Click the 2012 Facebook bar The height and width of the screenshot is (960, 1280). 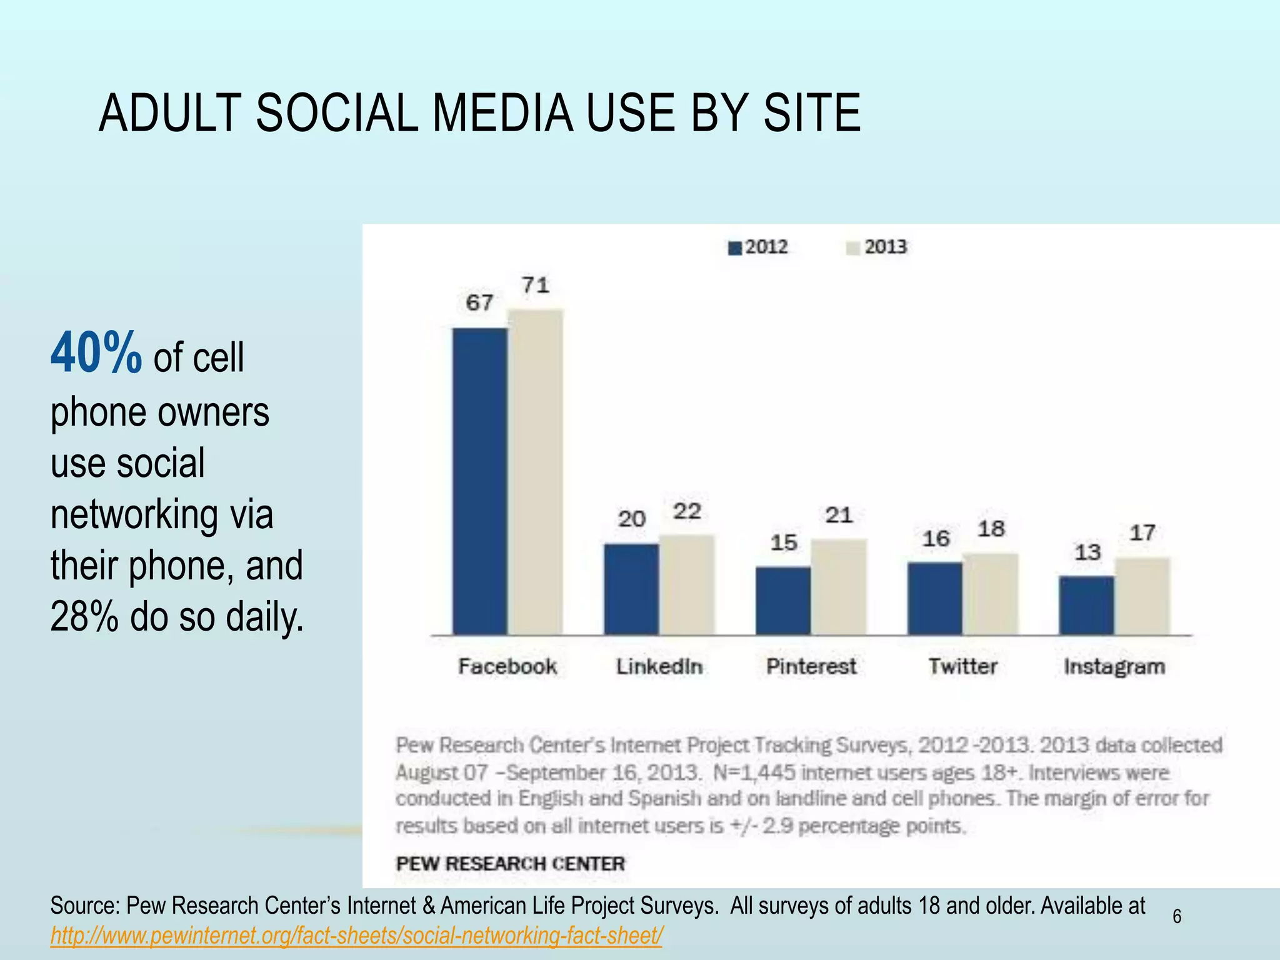[x=479, y=481]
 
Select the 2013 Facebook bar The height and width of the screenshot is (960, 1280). [x=535, y=472]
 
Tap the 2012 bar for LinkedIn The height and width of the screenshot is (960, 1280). [x=631, y=589]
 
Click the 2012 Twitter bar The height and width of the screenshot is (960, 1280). [x=934, y=598]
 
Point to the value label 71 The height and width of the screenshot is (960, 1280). [x=536, y=286]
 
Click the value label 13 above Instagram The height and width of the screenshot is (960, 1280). [x=1087, y=552]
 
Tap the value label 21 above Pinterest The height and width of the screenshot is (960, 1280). [x=839, y=516]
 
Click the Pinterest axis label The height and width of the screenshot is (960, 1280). [x=811, y=666]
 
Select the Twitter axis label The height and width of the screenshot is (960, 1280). [x=962, y=666]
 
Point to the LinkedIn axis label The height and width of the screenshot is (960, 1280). [x=659, y=666]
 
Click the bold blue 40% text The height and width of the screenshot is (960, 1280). [x=96, y=354]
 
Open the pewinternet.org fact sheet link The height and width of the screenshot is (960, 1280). [x=356, y=936]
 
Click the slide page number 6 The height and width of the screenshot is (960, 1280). [x=1177, y=917]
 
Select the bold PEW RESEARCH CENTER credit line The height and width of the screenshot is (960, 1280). [x=510, y=864]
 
